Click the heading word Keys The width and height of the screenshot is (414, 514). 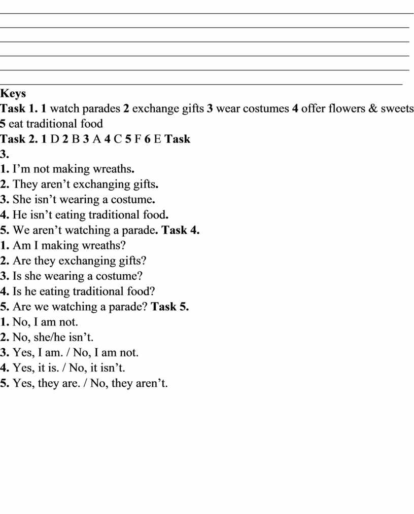coord(13,94)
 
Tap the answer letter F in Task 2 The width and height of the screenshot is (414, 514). coord(137,139)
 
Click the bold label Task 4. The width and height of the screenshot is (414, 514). coord(180,230)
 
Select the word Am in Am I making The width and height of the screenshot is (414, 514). coord(21,245)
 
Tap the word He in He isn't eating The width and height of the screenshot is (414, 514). coord(20,215)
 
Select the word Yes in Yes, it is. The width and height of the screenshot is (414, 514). coord(23,368)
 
